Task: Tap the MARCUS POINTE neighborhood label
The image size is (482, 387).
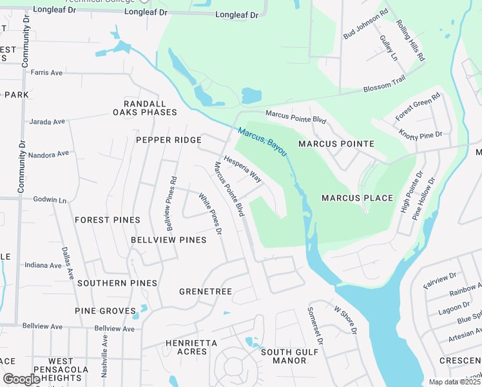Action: click(336, 144)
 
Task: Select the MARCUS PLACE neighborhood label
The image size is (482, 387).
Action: click(357, 198)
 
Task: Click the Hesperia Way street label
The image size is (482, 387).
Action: click(243, 169)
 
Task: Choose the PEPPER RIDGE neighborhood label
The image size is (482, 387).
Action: click(164, 140)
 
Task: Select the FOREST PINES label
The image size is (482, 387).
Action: click(108, 220)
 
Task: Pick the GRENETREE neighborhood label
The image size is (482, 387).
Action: click(206, 292)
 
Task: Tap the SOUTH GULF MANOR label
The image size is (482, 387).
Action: click(284, 356)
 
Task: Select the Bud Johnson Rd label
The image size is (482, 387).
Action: click(365, 24)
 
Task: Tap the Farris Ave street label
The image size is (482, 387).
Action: click(46, 73)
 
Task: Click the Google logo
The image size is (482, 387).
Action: click(21, 379)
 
